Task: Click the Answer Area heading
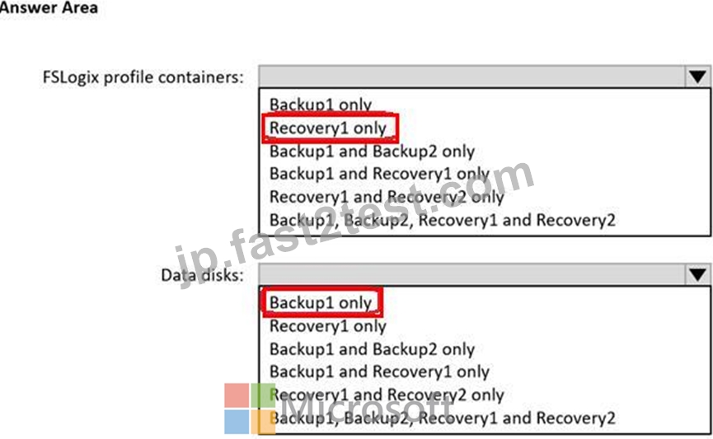pyautogui.click(x=49, y=7)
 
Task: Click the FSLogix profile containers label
pyautogui.click(x=143, y=77)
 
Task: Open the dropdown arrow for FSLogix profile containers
pyautogui.click(x=697, y=77)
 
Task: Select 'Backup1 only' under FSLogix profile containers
pyautogui.click(x=321, y=105)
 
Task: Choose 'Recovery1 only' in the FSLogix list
pyautogui.click(x=328, y=128)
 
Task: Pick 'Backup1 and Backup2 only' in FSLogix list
pyautogui.click(x=372, y=152)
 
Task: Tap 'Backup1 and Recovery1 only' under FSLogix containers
pyautogui.click(x=380, y=174)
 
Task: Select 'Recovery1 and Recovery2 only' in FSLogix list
pyautogui.click(x=387, y=197)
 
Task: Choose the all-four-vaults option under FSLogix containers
pyautogui.click(x=442, y=221)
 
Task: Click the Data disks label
pyautogui.click(x=202, y=275)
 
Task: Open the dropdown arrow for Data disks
pyautogui.click(x=697, y=274)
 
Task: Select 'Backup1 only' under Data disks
pyautogui.click(x=321, y=302)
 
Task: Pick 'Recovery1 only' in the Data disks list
pyautogui.click(x=328, y=326)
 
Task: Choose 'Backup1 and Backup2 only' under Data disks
pyautogui.click(x=372, y=349)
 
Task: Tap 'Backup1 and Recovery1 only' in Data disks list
pyautogui.click(x=380, y=371)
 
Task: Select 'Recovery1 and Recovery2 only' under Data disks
pyautogui.click(x=387, y=395)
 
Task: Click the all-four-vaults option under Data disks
pyautogui.click(x=442, y=418)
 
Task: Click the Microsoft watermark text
pyautogui.click(x=366, y=404)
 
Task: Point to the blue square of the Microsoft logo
pyautogui.click(x=237, y=422)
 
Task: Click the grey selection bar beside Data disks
pyautogui.click(x=472, y=274)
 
